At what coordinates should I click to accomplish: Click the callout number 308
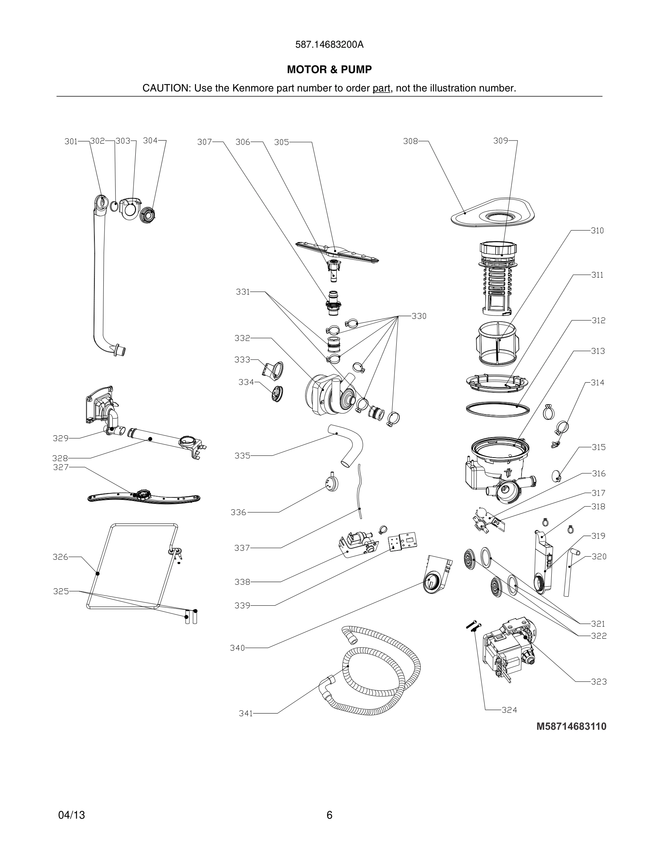coord(410,141)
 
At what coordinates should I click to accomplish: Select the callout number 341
coord(246,714)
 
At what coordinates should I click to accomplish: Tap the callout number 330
coord(419,316)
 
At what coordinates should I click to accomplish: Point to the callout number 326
coord(60,557)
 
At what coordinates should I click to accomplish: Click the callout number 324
coord(509,710)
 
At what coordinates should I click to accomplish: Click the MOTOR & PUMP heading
coord(329,70)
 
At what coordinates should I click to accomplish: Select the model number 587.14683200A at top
coord(329,45)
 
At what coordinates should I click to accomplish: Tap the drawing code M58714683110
coord(571,726)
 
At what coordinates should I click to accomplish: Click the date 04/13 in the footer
coord(71,815)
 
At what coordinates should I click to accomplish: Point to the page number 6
coord(329,815)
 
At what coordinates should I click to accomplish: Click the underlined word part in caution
coord(381,88)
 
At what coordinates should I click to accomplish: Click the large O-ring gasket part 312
coord(498,409)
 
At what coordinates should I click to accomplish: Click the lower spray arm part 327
coord(144,497)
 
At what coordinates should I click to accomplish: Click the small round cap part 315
coord(556,475)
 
